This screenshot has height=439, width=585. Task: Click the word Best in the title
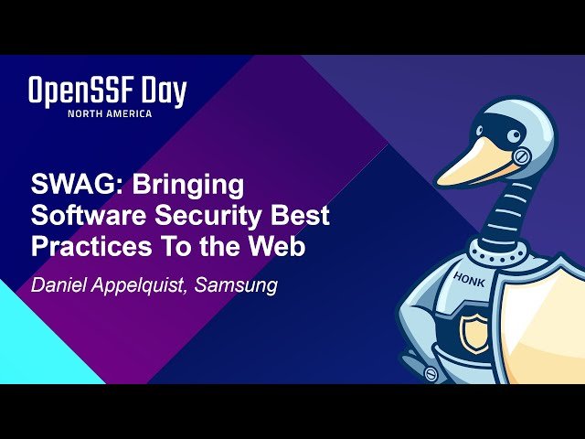click(305, 217)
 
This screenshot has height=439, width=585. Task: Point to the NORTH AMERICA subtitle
click(109, 113)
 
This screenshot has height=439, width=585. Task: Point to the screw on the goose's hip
click(431, 373)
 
